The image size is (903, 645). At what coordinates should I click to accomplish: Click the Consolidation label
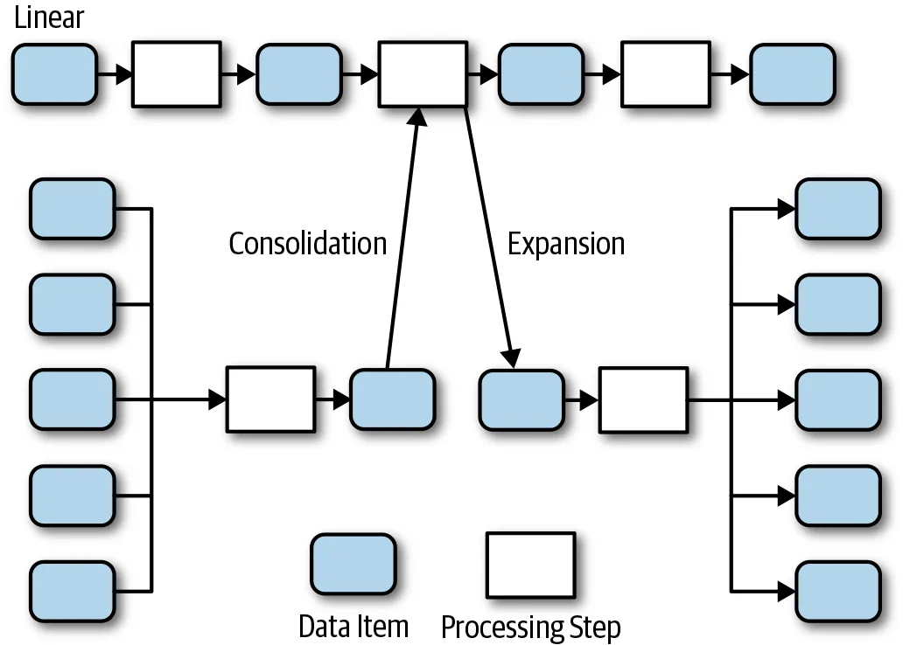307,243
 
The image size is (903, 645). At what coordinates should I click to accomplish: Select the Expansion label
566,243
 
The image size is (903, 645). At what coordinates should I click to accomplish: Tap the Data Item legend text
353,626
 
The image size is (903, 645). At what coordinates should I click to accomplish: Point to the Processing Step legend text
530,627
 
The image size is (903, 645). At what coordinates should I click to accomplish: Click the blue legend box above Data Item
354,565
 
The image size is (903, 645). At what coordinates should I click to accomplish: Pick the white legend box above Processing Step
531,565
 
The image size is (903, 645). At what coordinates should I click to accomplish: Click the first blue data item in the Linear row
54,74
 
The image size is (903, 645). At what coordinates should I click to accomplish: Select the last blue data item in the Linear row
793,74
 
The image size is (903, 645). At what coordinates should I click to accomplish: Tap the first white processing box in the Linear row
176,74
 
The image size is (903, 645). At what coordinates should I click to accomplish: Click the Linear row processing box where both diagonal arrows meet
422,74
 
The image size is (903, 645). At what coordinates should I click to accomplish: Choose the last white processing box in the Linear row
665,74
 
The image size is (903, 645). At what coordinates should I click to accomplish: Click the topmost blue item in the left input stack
72,209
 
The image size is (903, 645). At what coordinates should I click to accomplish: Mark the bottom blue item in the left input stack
72,592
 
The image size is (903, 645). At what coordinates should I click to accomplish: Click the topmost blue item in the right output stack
837,209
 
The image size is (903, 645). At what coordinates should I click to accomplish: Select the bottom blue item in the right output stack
837,592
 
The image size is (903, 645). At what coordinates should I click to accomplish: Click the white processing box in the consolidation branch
270,399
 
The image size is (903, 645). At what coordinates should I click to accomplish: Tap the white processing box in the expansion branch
643,399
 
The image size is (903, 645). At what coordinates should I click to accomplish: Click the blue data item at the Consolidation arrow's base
392,399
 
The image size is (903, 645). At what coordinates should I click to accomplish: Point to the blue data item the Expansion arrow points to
521,399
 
